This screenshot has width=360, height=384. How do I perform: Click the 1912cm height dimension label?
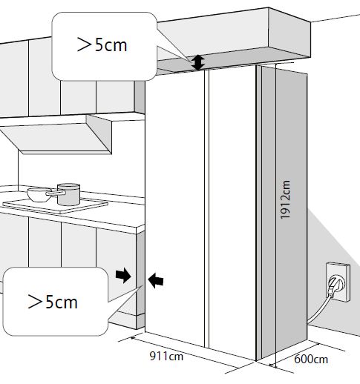(285, 199)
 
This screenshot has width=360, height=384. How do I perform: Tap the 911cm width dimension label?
(166, 357)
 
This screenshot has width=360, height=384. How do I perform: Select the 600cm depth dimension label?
(311, 359)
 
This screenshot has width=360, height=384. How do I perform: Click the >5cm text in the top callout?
(102, 44)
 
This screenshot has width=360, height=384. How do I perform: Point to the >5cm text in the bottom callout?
(53, 302)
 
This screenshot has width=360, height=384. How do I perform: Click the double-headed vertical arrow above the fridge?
(198, 62)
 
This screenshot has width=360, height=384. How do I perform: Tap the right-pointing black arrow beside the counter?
(123, 275)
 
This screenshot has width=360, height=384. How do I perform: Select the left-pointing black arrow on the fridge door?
(156, 280)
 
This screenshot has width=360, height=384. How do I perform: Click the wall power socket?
(338, 282)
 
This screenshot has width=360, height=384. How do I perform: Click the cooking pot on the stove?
(68, 194)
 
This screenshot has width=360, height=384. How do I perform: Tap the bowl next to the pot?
(39, 194)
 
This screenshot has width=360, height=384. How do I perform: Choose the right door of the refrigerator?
(232, 213)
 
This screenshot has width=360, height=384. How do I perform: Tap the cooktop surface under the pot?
(56, 205)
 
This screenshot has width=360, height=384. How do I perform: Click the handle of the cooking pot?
(56, 193)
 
